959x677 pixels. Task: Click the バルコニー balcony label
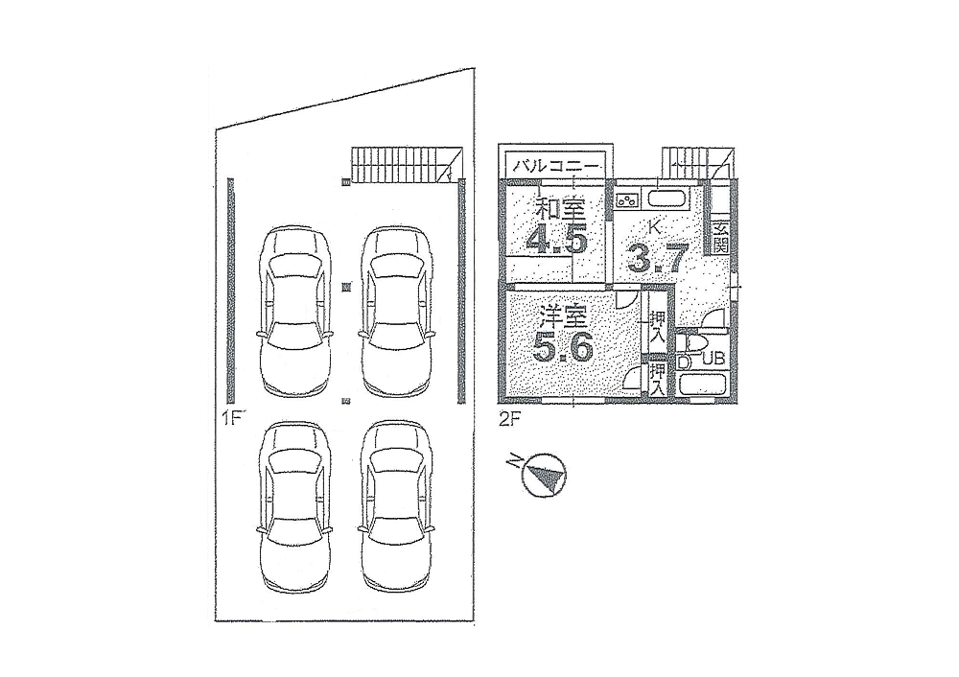pyautogui.click(x=555, y=165)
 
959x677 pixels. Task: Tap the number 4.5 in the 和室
pyautogui.click(x=557, y=239)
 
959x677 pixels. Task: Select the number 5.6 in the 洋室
pyautogui.click(x=563, y=349)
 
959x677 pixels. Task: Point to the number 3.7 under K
pyautogui.click(x=658, y=257)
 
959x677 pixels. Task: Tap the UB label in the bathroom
pyautogui.click(x=713, y=359)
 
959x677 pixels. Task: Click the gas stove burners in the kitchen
pyautogui.click(x=627, y=199)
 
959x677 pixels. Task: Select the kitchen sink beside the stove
pyautogui.click(x=667, y=198)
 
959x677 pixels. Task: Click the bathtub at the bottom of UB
pyautogui.click(x=702, y=386)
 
